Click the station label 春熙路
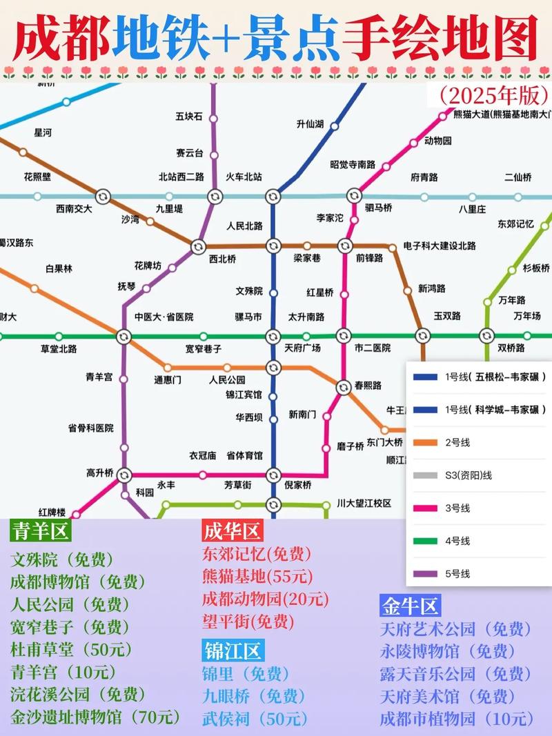coord(368,386)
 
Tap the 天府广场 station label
coord(303,348)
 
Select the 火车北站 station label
coord(244,177)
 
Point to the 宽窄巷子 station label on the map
coord(203,348)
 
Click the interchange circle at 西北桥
coord(198,246)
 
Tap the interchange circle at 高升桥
coord(124,475)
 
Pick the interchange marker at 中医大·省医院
coord(124,336)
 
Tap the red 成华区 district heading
coord(232,531)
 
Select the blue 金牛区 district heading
coord(410,606)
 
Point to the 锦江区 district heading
coord(233,650)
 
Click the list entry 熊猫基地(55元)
coord(257,576)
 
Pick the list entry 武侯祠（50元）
coord(255,718)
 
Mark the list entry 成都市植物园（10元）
coord(455,718)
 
